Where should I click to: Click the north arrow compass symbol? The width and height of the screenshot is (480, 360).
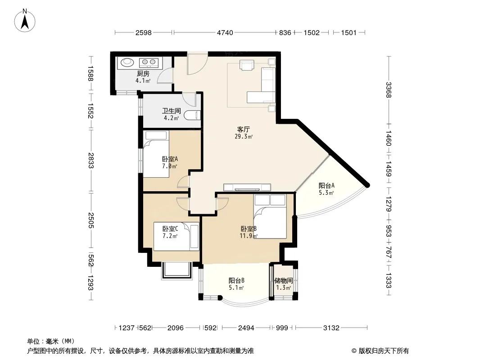(x=25, y=21)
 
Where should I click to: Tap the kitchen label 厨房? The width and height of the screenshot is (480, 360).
(x=143, y=74)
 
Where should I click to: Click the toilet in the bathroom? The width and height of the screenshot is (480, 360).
(x=192, y=115)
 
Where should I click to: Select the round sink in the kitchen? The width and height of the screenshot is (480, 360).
(x=127, y=63)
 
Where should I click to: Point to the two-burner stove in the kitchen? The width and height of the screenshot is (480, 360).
(x=149, y=63)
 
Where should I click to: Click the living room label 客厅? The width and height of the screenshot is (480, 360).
(x=243, y=130)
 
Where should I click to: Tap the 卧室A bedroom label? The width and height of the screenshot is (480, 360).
(x=170, y=159)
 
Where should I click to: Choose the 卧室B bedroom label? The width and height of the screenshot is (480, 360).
(x=249, y=229)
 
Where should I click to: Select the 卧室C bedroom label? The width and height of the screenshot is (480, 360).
(x=170, y=229)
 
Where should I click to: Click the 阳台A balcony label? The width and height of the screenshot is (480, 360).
(x=326, y=186)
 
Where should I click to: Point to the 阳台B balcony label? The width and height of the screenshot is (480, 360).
(x=236, y=280)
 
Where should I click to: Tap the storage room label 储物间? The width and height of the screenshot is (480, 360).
(x=284, y=280)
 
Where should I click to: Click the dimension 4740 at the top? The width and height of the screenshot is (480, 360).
(x=225, y=33)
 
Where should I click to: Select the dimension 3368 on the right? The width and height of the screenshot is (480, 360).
(x=389, y=90)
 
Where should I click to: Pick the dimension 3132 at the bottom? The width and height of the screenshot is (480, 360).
(x=331, y=328)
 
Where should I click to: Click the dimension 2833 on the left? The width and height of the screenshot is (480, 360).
(x=91, y=161)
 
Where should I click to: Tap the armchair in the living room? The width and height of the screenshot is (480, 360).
(x=247, y=65)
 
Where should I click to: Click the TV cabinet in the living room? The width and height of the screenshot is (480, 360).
(x=247, y=187)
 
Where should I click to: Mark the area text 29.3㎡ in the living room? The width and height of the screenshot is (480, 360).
(x=244, y=137)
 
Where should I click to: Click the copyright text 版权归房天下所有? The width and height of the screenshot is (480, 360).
(x=384, y=351)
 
